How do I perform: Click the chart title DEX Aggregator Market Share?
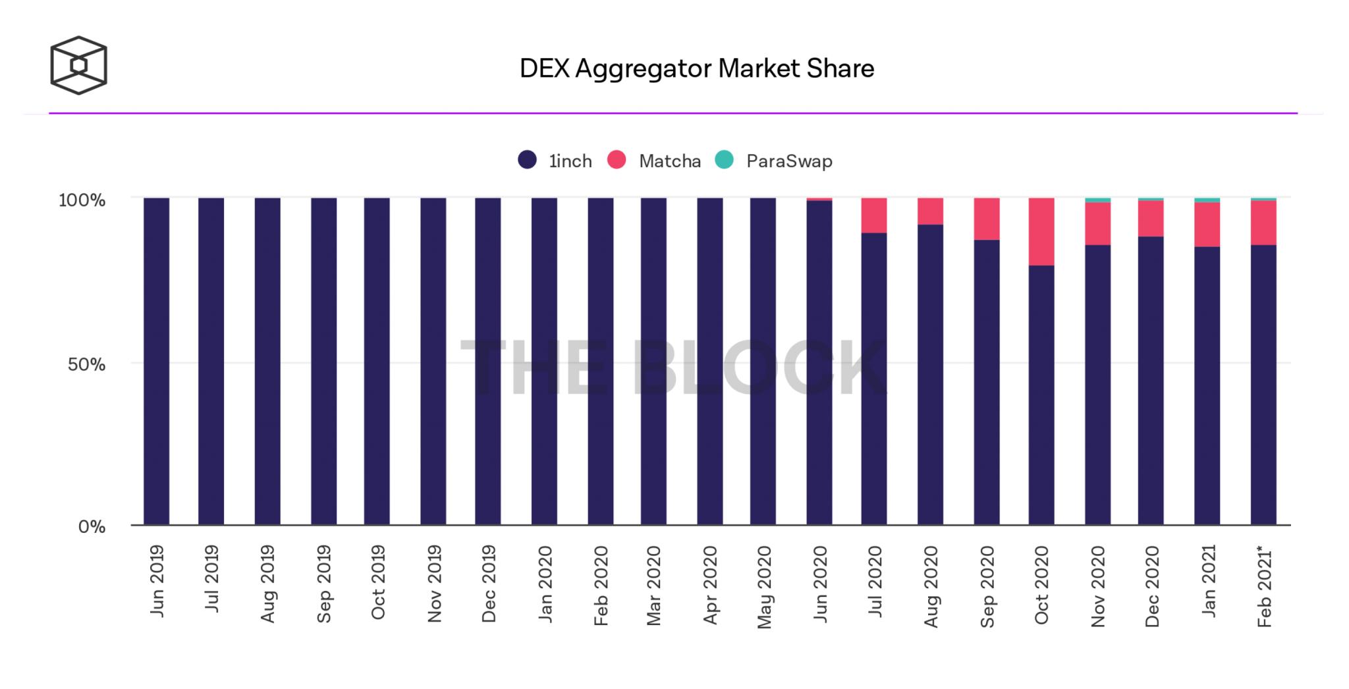click(696, 69)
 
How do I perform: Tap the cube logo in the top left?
click(78, 65)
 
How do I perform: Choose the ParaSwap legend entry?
click(774, 161)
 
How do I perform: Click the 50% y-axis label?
click(86, 364)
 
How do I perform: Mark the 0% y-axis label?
click(92, 527)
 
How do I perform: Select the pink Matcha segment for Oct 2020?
click(1041, 231)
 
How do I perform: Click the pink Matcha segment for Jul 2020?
click(873, 215)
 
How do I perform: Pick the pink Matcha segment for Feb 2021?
click(1263, 223)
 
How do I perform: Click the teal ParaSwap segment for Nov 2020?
click(1097, 200)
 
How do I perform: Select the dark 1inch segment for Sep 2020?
click(986, 382)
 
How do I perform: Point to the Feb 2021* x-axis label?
click(1263, 587)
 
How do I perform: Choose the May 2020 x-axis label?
click(763, 587)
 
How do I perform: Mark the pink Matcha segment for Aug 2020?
click(930, 211)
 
